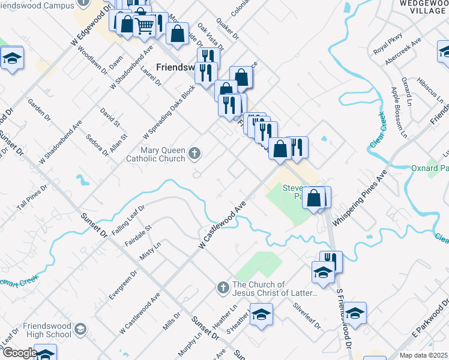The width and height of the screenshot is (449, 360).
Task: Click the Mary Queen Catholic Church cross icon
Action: pos(194,154)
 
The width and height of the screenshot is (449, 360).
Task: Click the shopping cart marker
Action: pos(144,25)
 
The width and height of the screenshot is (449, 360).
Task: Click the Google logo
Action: pos(19,353)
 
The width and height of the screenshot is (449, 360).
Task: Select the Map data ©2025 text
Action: pos(423,355)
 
